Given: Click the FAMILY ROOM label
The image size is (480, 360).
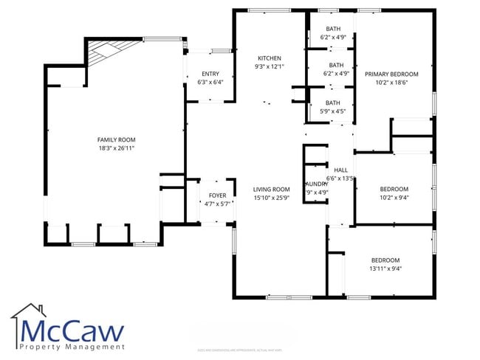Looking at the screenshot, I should pyautogui.click(x=117, y=139).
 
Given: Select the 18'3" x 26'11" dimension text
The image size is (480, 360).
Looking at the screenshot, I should pyautogui.click(x=117, y=148).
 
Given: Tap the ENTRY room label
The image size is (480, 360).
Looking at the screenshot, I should pyautogui.click(x=209, y=74).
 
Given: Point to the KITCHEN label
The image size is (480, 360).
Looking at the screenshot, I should pyautogui.click(x=269, y=58).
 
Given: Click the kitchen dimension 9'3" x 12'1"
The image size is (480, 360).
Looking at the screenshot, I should pyautogui.click(x=269, y=66).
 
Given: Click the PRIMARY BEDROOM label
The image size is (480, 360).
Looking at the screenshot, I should pyautogui.click(x=391, y=74).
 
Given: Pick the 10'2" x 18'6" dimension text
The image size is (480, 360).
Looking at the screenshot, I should pyautogui.click(x=391, y=83).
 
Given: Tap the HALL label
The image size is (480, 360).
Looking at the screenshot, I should pyautogui.click(x=340, y=170).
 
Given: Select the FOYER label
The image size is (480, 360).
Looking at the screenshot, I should pyautogui.click(x=217, y=195).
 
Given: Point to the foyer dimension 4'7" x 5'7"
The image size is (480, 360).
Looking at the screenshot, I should pyautogui.click(x=217, y=204).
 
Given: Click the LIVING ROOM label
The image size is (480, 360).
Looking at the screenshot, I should pyautogui.click(x=271, y=189).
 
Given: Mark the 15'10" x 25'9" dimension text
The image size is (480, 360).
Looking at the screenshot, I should pyautogui.click(x=271, y=197).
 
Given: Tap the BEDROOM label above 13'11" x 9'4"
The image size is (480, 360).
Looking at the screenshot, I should pyautogui.click(x=385, y=260).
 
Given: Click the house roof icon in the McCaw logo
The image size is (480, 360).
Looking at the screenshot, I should pyautogui.click(x=30, y=310).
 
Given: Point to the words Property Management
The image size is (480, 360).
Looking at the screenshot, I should pyautogui.click(x=72, y=346).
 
